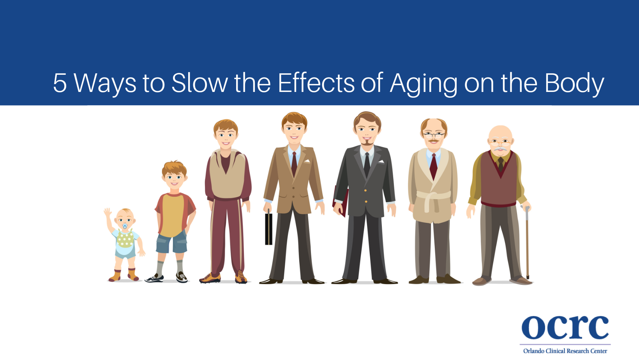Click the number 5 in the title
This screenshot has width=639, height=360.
tap(60, 83)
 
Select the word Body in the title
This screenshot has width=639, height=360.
tap(574, 84)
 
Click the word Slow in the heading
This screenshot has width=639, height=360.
tap(199, 83)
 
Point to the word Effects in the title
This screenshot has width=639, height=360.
tap(316, 83)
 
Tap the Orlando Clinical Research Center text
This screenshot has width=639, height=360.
tap(565, 351)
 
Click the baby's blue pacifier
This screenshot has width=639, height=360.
tap(125, 226)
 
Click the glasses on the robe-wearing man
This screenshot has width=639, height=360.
tap(433, 136)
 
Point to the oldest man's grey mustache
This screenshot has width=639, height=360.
tap(500, 149)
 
